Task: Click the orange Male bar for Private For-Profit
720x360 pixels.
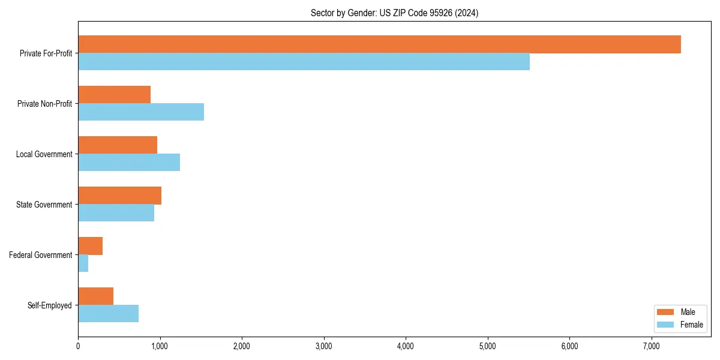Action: [x=379, y=44]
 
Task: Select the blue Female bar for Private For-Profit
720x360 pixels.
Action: [x=304, y=62]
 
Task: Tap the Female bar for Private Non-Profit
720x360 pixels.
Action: [x=141, y=112]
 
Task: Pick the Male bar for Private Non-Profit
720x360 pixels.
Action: [x=114, y=95]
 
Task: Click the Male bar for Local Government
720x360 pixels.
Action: [x=118, y=145]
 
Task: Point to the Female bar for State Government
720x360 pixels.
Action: [x=116, y=213]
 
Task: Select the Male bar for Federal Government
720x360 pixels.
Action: [x=90, y=246]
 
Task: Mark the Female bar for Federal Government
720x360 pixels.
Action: [x=83, y=263]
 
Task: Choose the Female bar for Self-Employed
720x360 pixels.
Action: [x=108, y=314]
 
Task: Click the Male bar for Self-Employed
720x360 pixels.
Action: [x=95, y=296]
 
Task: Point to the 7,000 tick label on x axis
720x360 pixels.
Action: [x=652, y=346]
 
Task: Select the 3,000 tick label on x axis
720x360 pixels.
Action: [x=324, y=346]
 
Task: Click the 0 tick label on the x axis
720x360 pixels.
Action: [x=78, y=346]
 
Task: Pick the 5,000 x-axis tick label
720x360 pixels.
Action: [x=488, y=346]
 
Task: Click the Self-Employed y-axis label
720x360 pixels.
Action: [x=50, y=305]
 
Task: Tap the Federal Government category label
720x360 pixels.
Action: [x=41, y=255]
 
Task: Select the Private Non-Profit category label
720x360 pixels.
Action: [x=44, y=104]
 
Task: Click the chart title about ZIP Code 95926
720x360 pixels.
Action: [x=394, y=13]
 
